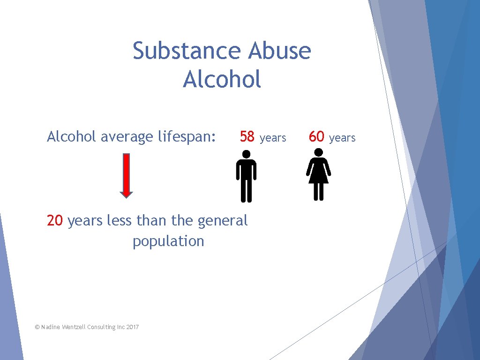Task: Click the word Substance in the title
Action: click(x=187, y=51)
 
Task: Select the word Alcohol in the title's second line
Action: click(x=222, y=79)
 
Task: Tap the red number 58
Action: click(x=247, y=137)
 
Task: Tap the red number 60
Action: click(x=317, y=137)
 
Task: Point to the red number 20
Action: click(x=55, y=220)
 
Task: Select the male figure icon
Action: click(x=246, y=176)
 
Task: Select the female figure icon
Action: click(x=319, y=174)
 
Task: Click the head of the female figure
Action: click(x=319, y=152)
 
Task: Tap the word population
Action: click(x=168, y=241)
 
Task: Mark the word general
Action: click(x=223, y=220)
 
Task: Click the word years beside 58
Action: click(x=273, y=138)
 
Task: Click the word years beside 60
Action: click(x=342, y=138)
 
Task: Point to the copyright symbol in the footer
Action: click(x=37, y=327)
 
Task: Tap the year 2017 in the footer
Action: click(x=133, y=327)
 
